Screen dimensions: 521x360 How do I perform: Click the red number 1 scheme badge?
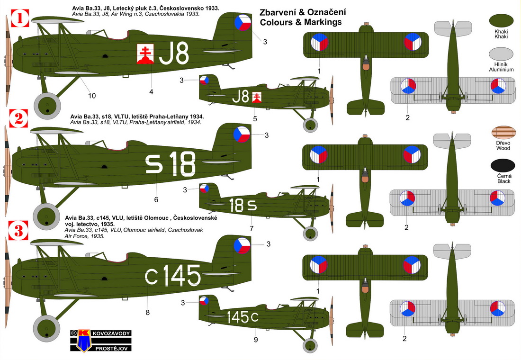tap(20, 18)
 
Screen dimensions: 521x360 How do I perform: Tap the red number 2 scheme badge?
tap(19, 118)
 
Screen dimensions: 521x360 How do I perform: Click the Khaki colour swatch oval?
tap(501, 21)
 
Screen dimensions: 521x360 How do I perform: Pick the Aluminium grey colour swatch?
tap(501, 54)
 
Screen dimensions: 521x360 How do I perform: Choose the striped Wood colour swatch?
tap(503, 132)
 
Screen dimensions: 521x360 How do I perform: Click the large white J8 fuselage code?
tap(174, 53)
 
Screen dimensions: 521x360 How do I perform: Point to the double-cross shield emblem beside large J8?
tap(145, 54)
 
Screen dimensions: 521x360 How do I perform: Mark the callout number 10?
tap(92, 96)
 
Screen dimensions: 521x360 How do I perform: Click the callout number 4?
tap(151, 92)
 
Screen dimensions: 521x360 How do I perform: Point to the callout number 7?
tap(252, 229)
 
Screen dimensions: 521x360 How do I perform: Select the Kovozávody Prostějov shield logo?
tap(84, 340)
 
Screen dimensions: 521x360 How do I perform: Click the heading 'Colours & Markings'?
tap(301, 22)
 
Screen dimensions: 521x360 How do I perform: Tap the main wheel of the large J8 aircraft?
tap(47, 106)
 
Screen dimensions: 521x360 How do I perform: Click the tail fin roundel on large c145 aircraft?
tap(242, 245)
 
